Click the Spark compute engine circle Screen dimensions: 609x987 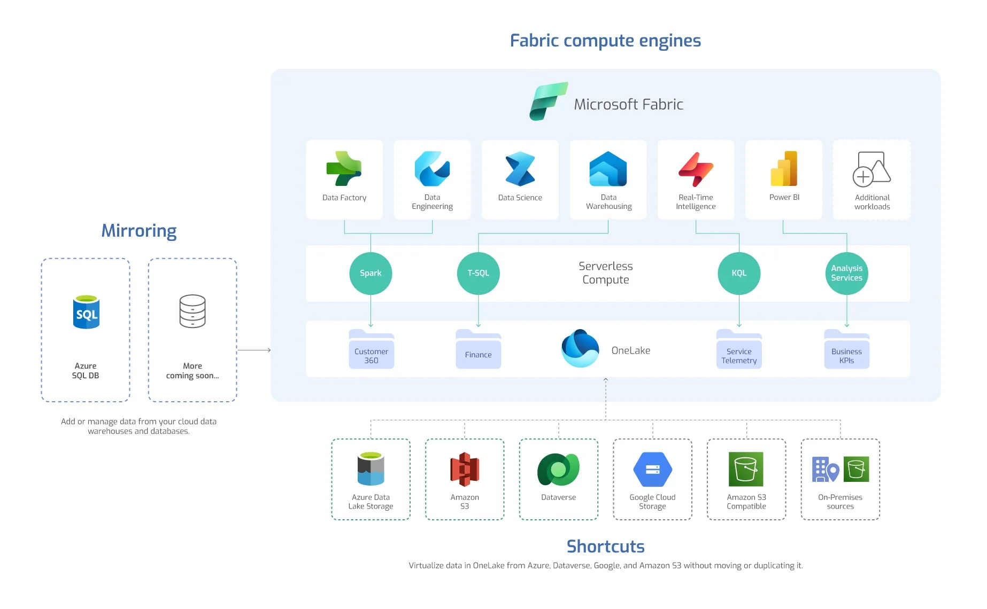pos(371,273)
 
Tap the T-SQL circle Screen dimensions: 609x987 pos(479,273)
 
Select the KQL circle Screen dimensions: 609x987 pos(739,273)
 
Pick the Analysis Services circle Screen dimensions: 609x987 pos(846,273)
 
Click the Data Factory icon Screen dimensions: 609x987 pos(344,168)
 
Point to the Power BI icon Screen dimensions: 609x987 pos(784,168)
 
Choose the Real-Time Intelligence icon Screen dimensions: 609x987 pos(696,169)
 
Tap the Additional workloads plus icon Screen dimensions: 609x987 pos(863,176)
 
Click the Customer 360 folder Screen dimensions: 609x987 pos(371,350)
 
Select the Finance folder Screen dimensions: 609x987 pos(478,350)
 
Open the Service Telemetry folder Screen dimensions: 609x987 pos(739,350)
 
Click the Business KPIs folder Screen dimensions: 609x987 pos(846,350)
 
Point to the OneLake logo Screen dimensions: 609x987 pos(580,348)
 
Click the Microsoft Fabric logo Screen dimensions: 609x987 pos(548,101)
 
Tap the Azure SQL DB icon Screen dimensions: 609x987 pos(86,312)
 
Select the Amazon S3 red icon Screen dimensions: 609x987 pos(465,469)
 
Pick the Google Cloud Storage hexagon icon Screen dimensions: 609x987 pos(652,469)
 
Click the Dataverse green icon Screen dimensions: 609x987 pos(558,469)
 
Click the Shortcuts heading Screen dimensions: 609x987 pos(605,546)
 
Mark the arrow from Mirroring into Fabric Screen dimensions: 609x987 pos(255,350)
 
